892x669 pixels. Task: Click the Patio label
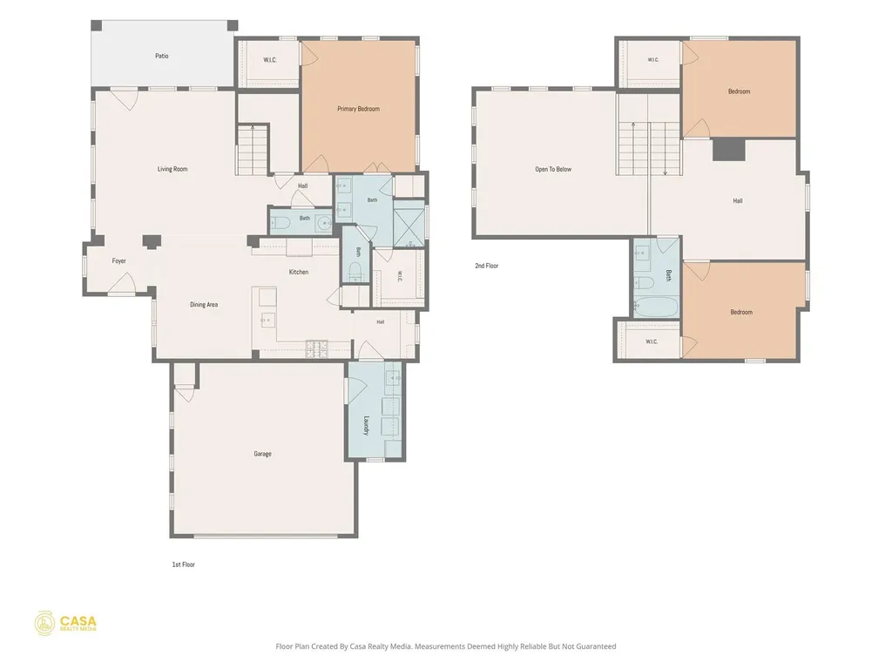(161, 56)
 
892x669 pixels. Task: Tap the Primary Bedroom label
(358, 109)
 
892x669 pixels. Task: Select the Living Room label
(172, 169)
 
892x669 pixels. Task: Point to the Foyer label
(118, 261)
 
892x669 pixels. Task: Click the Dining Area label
(204, 304)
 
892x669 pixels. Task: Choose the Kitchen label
(299, 272)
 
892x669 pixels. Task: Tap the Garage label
(262, 454)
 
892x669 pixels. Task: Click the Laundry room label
(367, 425)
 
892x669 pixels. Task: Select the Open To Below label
(553, 169)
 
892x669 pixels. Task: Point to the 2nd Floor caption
(487, 266)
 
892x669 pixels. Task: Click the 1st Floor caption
(184, 564)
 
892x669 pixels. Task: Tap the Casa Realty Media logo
(65, 624)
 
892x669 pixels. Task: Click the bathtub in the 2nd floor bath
(657, 307)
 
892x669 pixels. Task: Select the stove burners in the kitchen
(317, 349)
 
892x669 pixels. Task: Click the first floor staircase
(252, 150)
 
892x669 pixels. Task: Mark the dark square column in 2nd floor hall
(729, 149)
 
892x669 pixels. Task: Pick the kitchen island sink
(267, 321)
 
